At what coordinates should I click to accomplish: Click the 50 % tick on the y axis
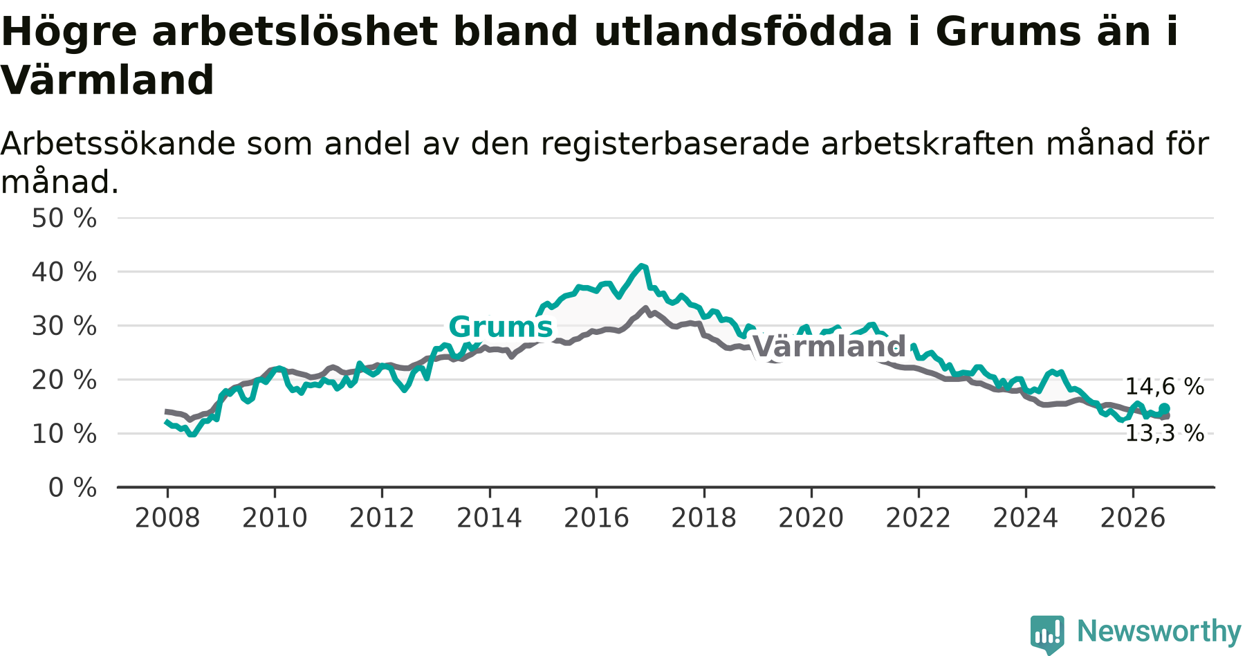click(64, 219)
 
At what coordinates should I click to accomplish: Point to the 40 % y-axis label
click(64, 272)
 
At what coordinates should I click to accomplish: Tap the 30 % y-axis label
click(64, 326)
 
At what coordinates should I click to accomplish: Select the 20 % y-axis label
click(64, 380)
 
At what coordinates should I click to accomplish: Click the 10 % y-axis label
click(64, 434)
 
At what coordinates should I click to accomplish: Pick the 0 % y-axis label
click(73, 488)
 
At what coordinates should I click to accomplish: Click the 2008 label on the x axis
click(167, 518)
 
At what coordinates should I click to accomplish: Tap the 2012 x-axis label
click(382, 518)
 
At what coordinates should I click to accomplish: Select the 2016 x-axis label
click(596, 518)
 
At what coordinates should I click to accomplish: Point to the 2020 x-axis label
click(811, 518)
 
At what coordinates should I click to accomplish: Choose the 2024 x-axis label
click(1026, 518)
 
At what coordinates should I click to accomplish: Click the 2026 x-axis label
click(1133, 518)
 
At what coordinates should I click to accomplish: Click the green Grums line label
click(501, 327)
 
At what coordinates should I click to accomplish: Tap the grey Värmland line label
click(829, 346)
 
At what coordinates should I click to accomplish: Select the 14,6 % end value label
click(1165, 387)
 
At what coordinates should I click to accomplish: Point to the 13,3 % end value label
click(1165, 434)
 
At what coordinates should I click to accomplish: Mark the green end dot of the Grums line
click(1165, 408)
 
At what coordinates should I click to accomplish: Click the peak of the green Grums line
click(643, 266)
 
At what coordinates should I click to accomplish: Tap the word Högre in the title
click(69, 33)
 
